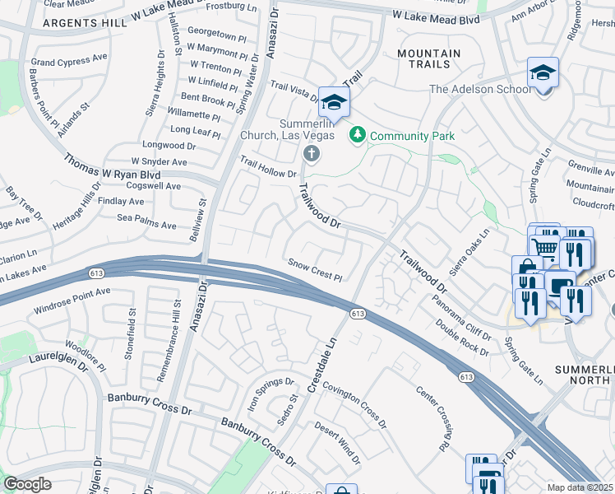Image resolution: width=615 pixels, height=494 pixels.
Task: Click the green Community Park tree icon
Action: point(357,134)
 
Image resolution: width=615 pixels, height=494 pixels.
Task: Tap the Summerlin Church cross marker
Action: point(311,153)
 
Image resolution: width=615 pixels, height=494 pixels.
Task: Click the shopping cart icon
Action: point(544,247)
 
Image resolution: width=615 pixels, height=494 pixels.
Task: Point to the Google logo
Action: point(27,484)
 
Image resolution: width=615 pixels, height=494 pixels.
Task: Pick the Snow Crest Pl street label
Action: point(314,268)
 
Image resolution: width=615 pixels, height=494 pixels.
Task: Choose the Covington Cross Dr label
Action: point(354,394)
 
